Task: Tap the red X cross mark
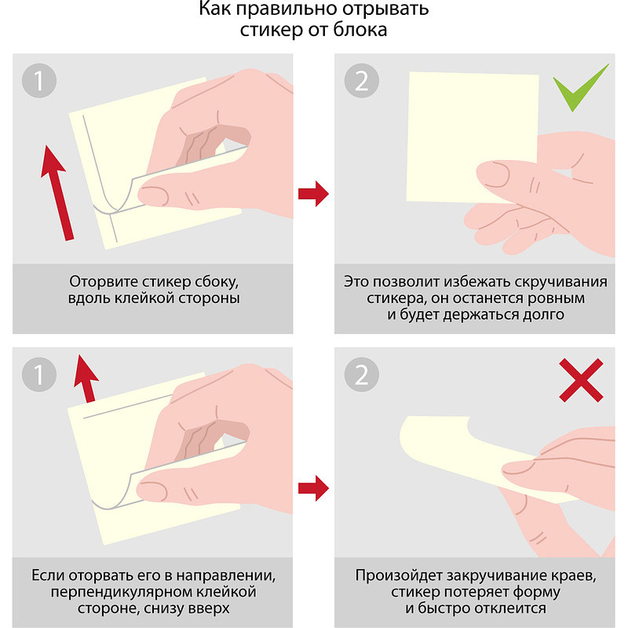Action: [x=581, y=380]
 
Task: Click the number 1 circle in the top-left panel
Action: [x=38, y=81]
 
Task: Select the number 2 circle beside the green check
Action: [x=361, y=81]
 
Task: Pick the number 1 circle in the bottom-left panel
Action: [x=38, y=374]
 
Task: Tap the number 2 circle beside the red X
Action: [x=361, y=374]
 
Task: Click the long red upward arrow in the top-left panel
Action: [x=57, y=192]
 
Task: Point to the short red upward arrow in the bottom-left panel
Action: [x=86, y=378]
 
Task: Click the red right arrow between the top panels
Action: [x=313, y=194]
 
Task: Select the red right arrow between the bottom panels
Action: [x=313, y=488]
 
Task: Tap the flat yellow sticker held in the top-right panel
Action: [x=473, y=137]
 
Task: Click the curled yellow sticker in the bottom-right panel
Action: [x=484, y=459]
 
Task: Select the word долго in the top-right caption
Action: [x=543, y=315]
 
